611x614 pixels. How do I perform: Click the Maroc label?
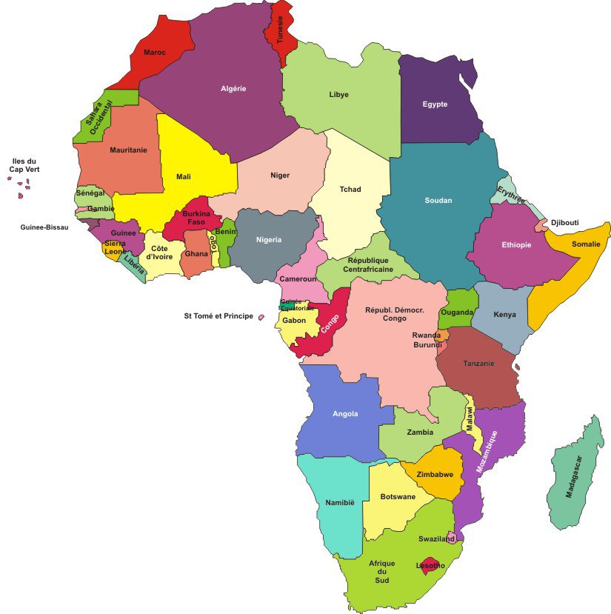[155, 53]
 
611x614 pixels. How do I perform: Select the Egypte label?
[435, 104]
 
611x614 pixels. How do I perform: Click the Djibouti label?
[564, 222]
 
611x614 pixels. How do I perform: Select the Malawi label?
[469, 419]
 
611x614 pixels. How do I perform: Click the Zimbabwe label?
[435, 475]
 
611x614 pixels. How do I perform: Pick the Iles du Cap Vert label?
[24, 165]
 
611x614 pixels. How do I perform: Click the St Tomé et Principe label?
[218, 316]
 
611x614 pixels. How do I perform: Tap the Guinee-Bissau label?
[44, 227]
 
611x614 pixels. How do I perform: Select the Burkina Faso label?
[196, 218]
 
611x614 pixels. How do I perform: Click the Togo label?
[213, 244]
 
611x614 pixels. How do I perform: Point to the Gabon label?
[293, 321]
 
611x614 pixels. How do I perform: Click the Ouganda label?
[457, 313]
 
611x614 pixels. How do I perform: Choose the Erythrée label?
[511, 195]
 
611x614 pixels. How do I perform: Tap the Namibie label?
[340, 503]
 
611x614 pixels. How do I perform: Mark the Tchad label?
[350, 190]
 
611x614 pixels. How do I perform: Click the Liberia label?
[134, 264]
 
